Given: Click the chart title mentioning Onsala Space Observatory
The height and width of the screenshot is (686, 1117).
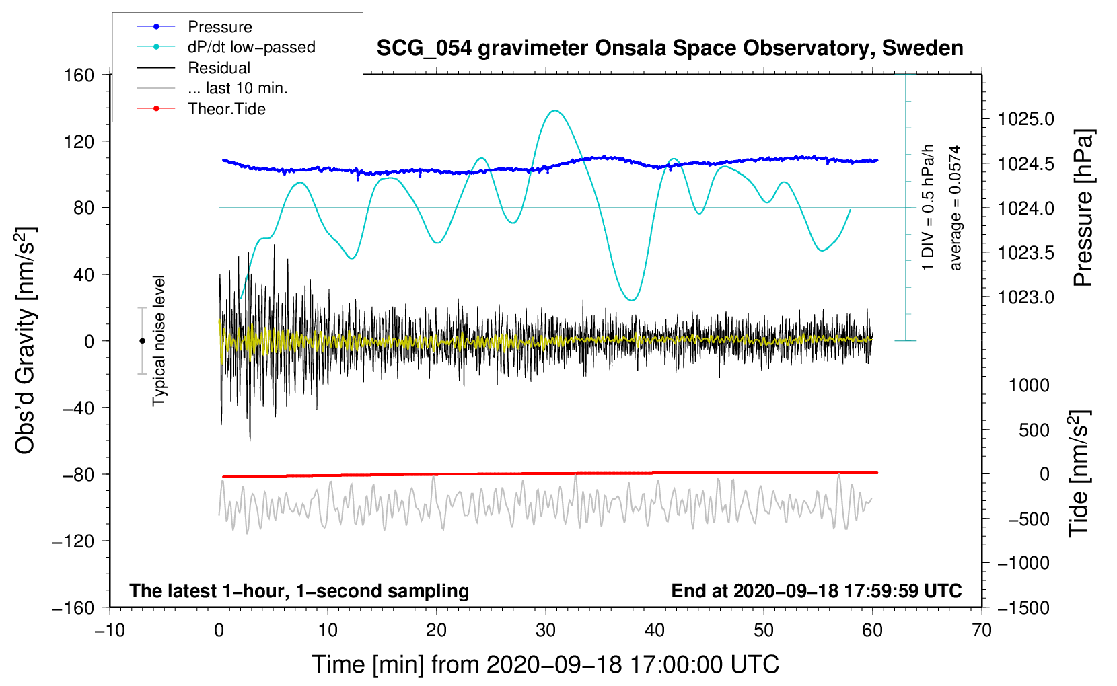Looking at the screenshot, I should click(x=670, y=48).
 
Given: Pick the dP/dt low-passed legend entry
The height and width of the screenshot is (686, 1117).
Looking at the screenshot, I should click(x=251, y=47).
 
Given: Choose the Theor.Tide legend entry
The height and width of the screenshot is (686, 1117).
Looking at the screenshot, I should click(x=226, y=109).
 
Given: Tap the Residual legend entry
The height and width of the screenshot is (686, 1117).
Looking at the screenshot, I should click(x=219, y=68).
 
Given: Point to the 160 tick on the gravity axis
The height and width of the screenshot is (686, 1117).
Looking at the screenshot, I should click(x=79, y=75).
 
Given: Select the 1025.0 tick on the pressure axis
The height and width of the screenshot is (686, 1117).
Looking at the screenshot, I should click(x=1025, y=119).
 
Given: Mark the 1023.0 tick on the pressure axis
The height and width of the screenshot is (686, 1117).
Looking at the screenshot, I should click(x=1025, y=297).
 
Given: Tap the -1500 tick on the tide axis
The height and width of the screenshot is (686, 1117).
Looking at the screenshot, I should click(x=1023, y=607).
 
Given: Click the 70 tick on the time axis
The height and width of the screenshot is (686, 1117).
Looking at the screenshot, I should click(x=982, y=630).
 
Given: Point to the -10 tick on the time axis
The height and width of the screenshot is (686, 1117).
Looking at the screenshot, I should click(x=110, y=630).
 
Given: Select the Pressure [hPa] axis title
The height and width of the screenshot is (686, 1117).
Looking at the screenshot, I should click(x=1083, y=208).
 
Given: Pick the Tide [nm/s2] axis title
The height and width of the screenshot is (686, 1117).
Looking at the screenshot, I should click(x=1079, y=473).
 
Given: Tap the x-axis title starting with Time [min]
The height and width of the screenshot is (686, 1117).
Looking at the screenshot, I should click(x=545, y=664).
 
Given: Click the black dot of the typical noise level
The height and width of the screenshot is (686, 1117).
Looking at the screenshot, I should click(x=143, y=341).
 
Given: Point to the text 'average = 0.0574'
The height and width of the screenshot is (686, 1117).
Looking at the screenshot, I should click(x=955, y=208).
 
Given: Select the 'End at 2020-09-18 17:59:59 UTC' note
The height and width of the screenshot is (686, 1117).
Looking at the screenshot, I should click(x=816, y=590).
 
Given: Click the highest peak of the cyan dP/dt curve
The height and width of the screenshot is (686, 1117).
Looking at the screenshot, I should click(x=554, y=110).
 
